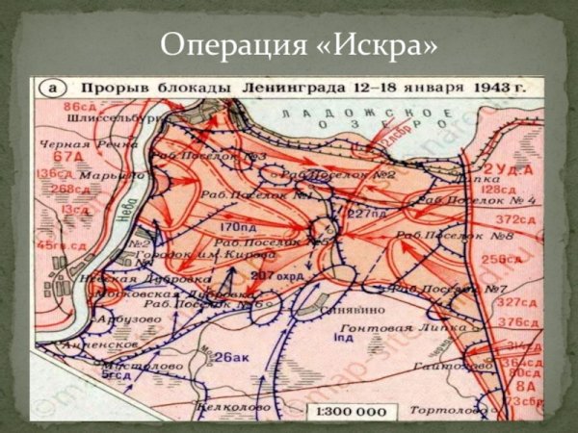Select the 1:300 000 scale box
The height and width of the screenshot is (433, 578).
[348, 411]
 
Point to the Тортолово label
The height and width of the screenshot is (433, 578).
[444, 410]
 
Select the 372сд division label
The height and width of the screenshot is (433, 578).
[517, 220]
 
